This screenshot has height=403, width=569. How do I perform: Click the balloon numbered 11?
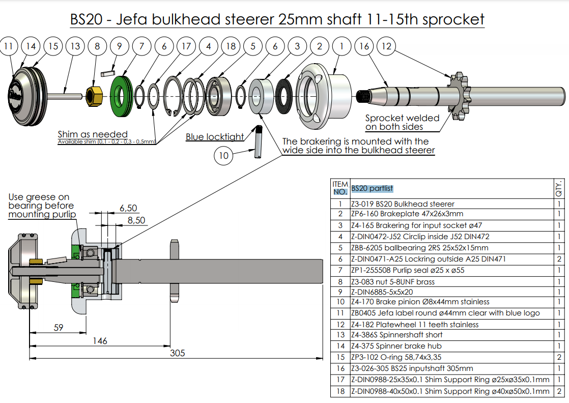click(8, 46)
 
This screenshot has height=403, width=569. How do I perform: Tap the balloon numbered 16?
click(364, 46)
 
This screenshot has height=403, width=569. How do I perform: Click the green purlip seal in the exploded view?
click(121, 94)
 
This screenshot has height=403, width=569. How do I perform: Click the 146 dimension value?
click(100, 340)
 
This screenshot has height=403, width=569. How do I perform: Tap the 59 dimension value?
click(59, 328)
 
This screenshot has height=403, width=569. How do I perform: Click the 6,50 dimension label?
click(128, 208)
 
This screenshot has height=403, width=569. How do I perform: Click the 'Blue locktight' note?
click(214, 137)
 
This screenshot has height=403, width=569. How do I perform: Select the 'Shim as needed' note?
click(92, 134)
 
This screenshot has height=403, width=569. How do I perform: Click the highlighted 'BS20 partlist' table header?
click(372, 189)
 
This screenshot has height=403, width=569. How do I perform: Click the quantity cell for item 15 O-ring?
click(559, 358)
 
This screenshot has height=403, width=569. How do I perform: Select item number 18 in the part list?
click(340, 391)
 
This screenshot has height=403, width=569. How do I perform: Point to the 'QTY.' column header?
click(559, 188)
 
